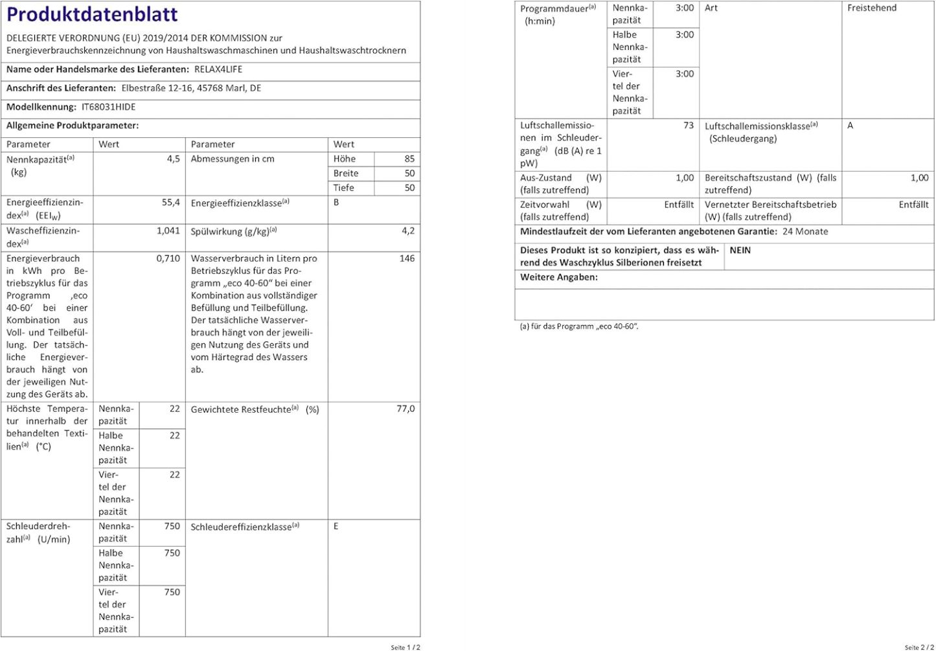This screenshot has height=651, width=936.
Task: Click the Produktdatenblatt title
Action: [x=92, y=14]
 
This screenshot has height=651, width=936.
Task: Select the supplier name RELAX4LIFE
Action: [x=218, y=69]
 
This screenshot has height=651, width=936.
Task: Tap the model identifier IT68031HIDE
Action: [x=109, y=107]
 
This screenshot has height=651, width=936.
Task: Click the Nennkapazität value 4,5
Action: [x=173, y=159]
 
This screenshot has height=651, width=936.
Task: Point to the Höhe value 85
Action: [x=409, y=159]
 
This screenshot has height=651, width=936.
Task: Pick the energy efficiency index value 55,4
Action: [x=171, y=203]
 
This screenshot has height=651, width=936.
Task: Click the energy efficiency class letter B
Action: [x=336, y=202]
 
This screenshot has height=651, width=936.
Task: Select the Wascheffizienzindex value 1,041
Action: [x=168, y=231]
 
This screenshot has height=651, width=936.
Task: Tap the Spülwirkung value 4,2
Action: [x=408, y=231]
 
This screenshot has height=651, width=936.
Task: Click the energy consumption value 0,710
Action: [x=168, y=258]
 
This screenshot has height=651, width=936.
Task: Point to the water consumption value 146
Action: [x=407, y=258]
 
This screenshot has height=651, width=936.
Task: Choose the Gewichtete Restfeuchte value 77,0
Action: [x=405, y=409]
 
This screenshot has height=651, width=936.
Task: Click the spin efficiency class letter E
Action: [x=336, y=526]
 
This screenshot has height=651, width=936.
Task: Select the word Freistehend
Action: [x=872, y=8]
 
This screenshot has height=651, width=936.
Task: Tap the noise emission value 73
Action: [x=688, y=126]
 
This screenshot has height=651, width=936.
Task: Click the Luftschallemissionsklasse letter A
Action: [x=850, y=126]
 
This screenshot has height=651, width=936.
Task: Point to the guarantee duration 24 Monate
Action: [x=805, y=231]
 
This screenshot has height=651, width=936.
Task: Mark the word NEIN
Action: [x=740, y=250]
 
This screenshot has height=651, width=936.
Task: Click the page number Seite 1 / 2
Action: [x=405, y=647]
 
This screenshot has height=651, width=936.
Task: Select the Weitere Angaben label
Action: [x=559, y=277]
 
